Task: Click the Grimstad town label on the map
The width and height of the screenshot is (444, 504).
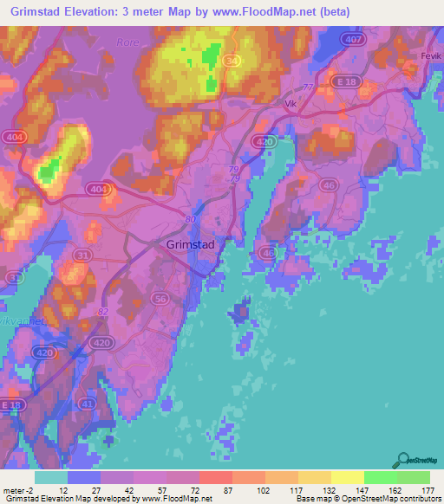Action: tap(190, 245)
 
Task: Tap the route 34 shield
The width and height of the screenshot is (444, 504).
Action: tap(232, 61)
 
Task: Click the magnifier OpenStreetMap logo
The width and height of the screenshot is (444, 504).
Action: tap(403, 458)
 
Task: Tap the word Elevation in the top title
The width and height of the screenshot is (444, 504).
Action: tap(96, 12)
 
